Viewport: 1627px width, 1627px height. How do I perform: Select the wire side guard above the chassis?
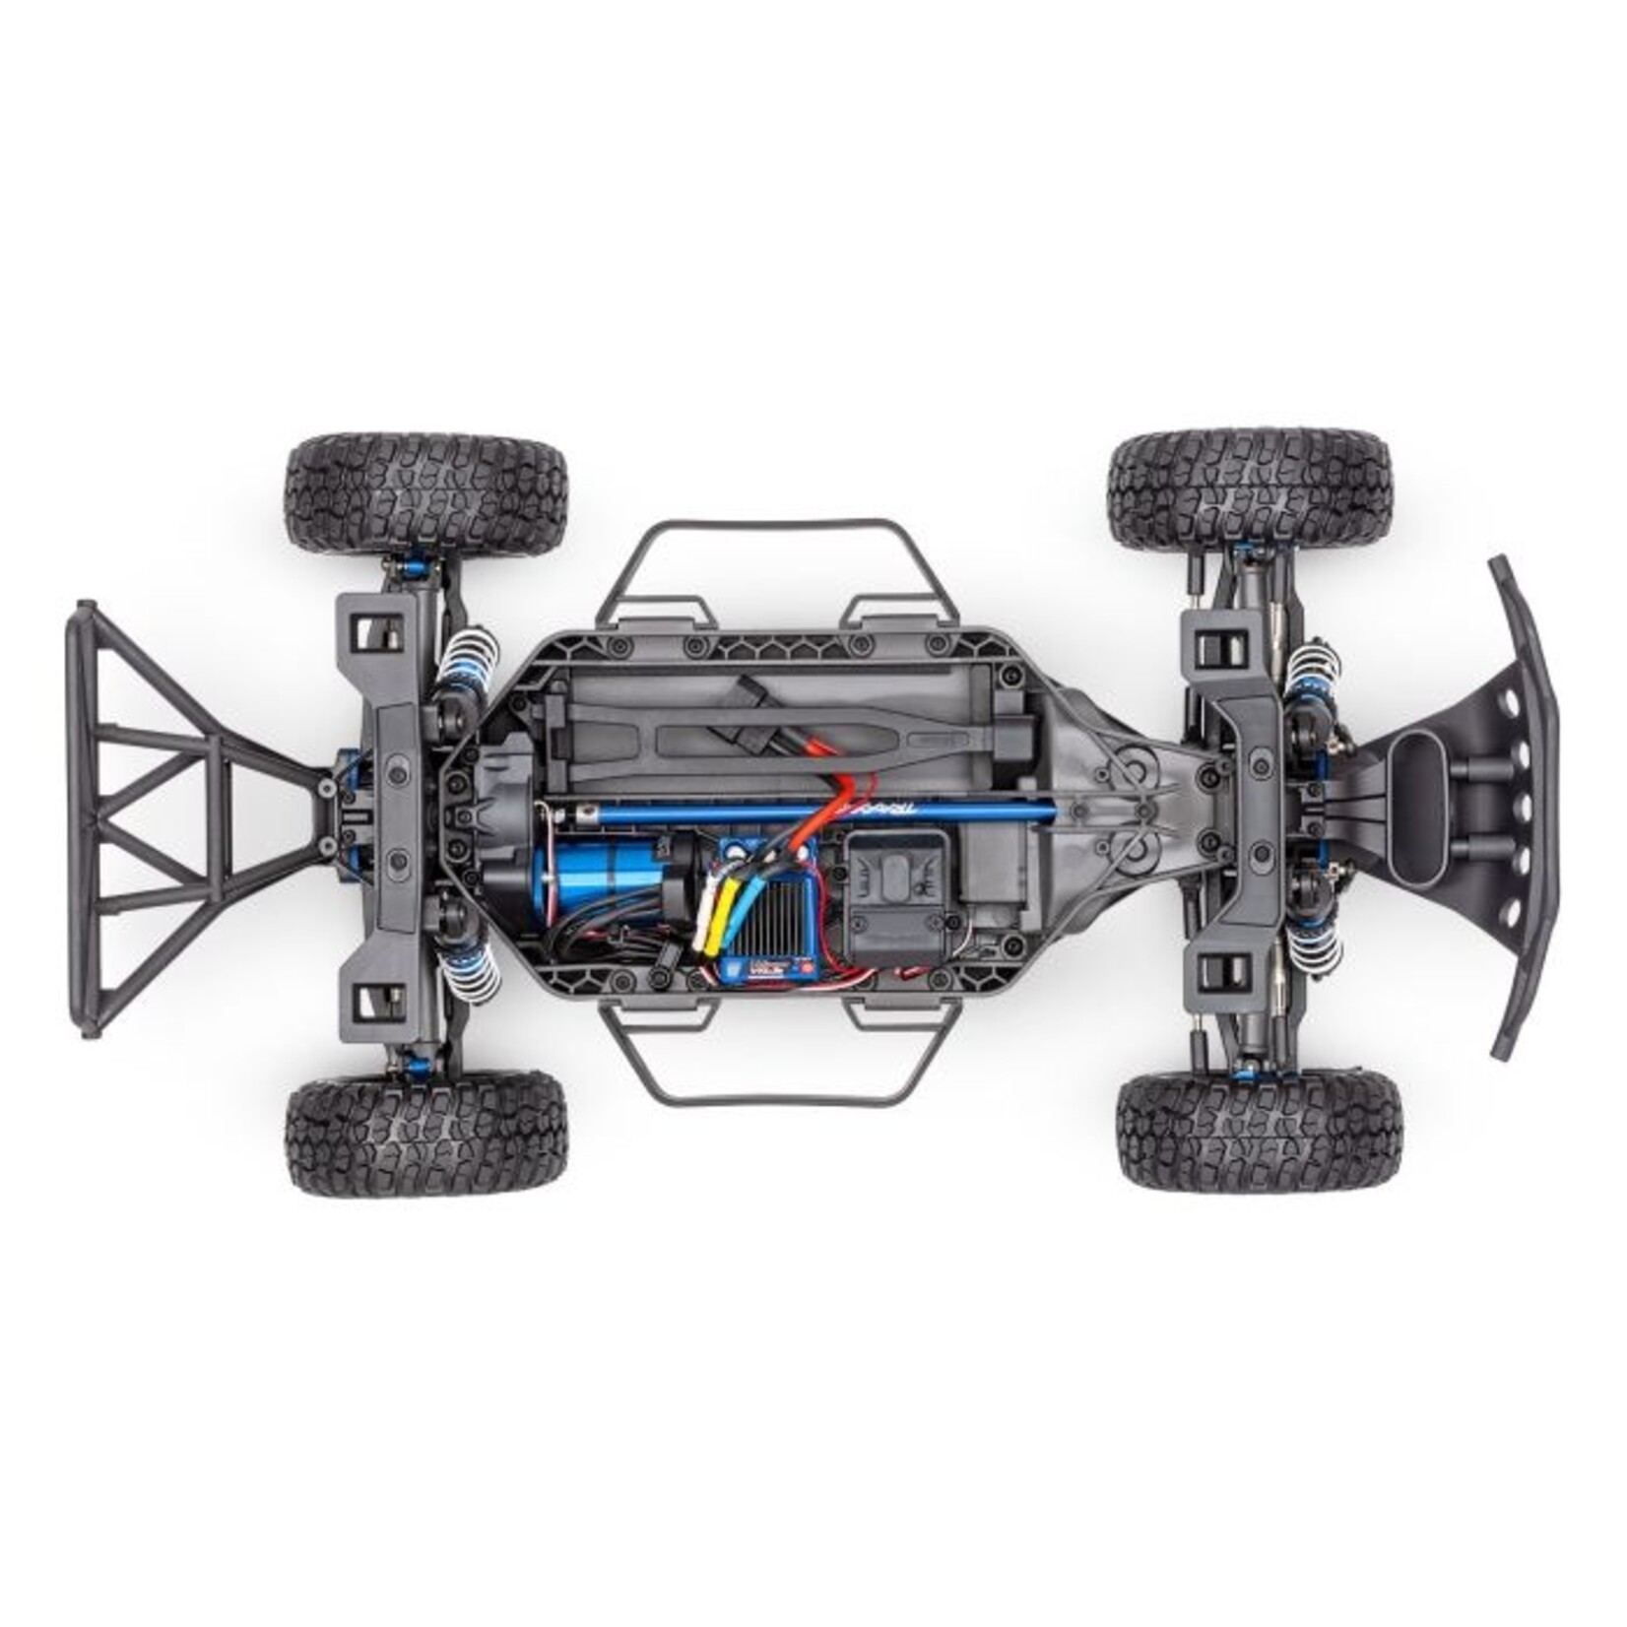(777, 561)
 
